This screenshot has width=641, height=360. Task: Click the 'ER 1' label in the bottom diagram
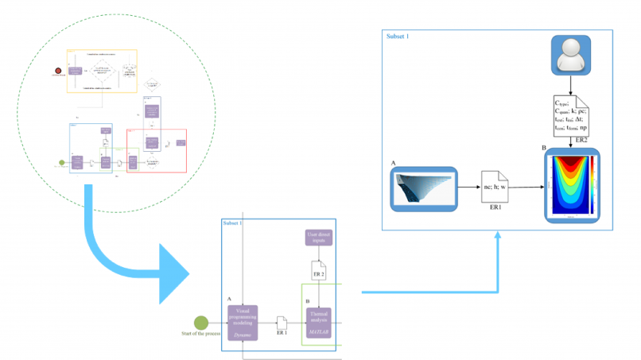pyautogui.click(x=282, y=335)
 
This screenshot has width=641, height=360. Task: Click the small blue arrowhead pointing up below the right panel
pyautogui.click(x=499, y=236)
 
